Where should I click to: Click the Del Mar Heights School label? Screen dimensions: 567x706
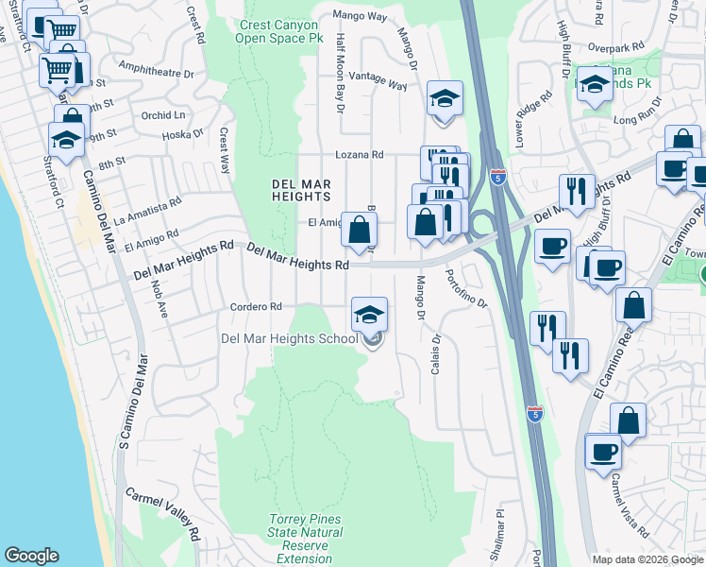(x=289, y=338)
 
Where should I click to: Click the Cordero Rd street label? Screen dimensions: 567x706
(x=257, y=306)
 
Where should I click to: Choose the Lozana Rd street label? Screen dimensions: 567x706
(x=360, y=154)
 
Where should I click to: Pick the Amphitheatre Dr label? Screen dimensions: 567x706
(x=157, y=70)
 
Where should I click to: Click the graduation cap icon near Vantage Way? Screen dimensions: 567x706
(x=442, y=98)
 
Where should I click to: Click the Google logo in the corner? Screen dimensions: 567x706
(x=32, y=556)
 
